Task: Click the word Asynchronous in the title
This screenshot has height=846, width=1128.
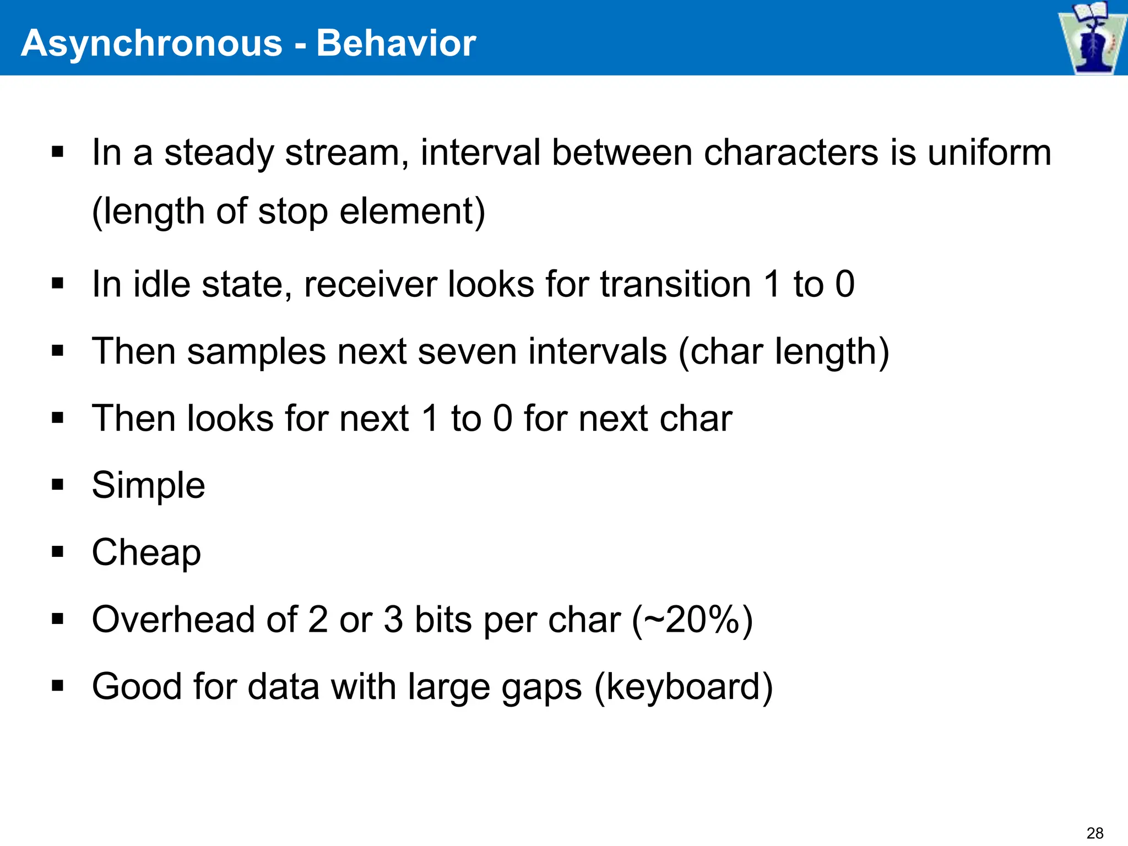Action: (x=151, y=43)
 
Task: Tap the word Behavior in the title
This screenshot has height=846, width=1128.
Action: (x=396, y=43)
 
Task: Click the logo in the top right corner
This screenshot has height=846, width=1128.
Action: (x=1092, y=37)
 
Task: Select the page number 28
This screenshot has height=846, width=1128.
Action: (x=1095, y=833)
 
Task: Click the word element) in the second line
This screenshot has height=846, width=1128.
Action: (x=412, y=211)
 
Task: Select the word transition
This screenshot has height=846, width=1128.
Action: (x=675, y=284)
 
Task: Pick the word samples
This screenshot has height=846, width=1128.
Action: (x=256, y=351)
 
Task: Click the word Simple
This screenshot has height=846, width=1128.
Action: (x=148, y=486)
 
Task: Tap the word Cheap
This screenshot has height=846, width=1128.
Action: (x=146, y=552)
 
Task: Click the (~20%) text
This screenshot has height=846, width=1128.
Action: (x=692, y=620)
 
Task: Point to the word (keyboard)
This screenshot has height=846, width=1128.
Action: (x=684, y=687)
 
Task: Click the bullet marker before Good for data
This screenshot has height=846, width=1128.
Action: (x=57, y=686)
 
